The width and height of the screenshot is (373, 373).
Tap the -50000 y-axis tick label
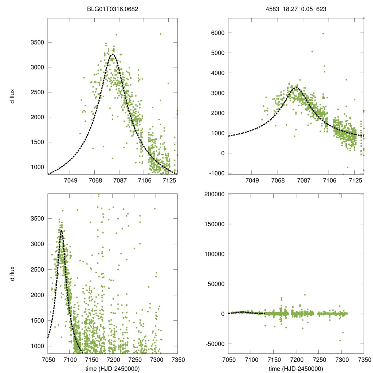[x=213, y=344]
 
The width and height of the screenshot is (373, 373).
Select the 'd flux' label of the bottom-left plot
[x=12, y=274]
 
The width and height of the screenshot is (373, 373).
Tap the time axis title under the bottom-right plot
[x=296, y=369]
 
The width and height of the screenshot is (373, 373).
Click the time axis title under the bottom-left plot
[x=113, y=369]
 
